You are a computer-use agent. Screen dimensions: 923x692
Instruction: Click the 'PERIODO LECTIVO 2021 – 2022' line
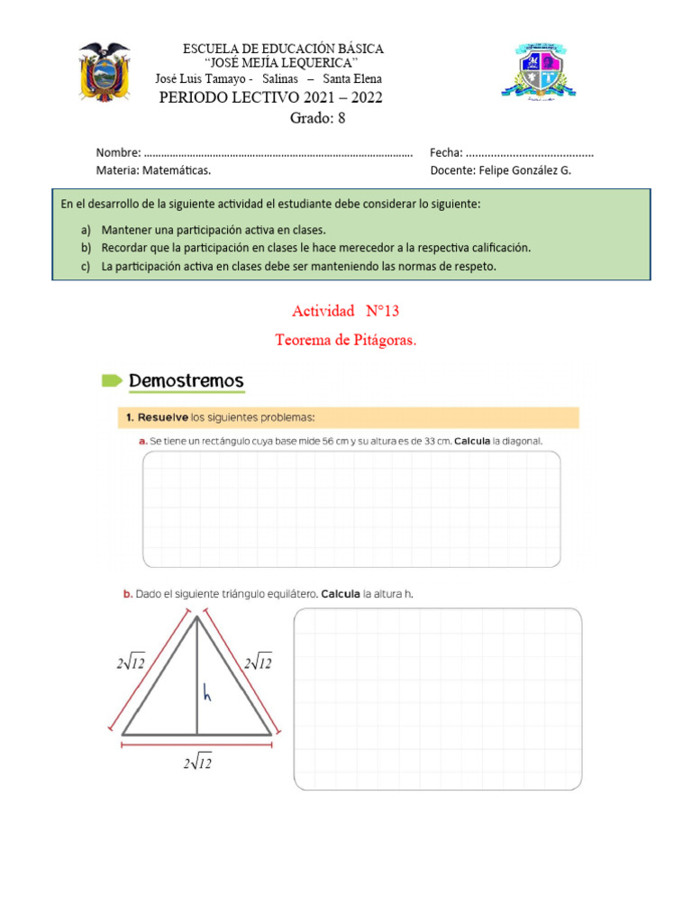[270, 97]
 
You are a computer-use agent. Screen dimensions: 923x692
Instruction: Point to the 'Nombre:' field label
[118, 152]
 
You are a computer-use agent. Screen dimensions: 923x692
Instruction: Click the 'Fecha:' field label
[447, 152]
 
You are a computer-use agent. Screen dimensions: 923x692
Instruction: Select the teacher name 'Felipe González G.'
[526, 169]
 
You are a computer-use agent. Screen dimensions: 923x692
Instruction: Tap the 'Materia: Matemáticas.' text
[153, 169]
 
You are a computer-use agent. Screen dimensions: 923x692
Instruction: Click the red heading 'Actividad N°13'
[345, 311]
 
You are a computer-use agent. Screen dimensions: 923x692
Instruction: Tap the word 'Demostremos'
[187, 381]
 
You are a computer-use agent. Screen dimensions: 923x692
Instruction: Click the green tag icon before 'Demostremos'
[111, 381]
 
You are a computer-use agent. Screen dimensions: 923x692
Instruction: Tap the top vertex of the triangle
[197, 616]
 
